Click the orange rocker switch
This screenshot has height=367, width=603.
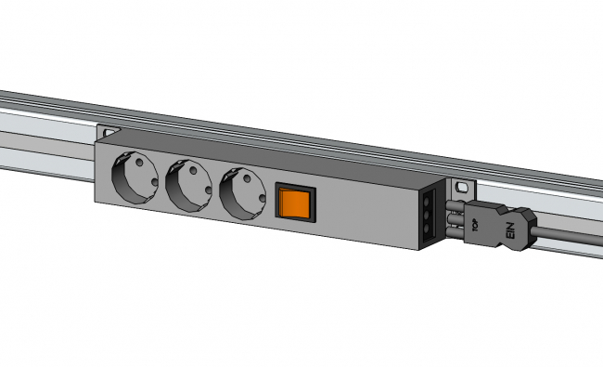(x=296, y=202)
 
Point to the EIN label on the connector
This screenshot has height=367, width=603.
(x=508, y=233)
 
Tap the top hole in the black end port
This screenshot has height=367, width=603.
(x=428, y=199)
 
